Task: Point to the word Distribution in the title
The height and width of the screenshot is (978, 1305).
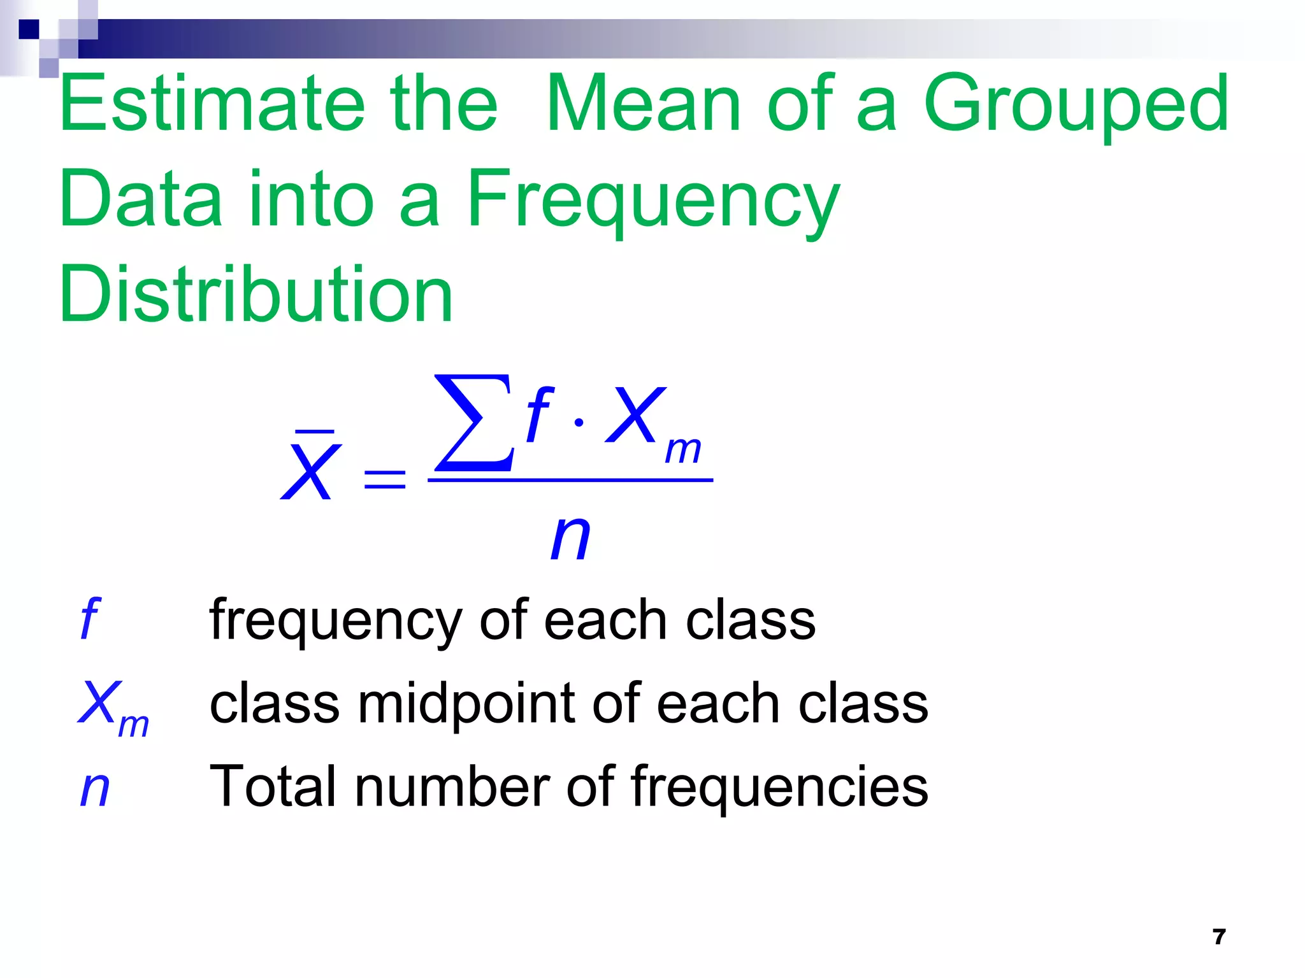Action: pyautogui.click(x=256, y=294)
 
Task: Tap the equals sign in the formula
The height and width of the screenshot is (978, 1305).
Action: pyautogui.click(x=384, y=479)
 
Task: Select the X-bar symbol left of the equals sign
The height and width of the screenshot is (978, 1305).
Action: pyautogui.click(x=310, y=468)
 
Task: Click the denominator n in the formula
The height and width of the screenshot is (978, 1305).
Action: pyautogui.click(x=570, y=537)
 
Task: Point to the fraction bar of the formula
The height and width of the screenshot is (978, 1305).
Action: pyautogui.click(x=570, y=480)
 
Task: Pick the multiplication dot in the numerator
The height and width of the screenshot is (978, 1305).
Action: pyautogui.click(x=579, y=422)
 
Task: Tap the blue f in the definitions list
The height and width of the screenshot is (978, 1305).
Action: pyautogui.click(x=90, y=619)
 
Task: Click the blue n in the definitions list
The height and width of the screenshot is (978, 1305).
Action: pyautogui.click(x=95, y=788)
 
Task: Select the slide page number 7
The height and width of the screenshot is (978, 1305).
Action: pyautogui.click(x=1219, y=937)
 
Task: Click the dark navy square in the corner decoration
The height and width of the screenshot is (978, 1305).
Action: pyautogui.click(x=29, y=29)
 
